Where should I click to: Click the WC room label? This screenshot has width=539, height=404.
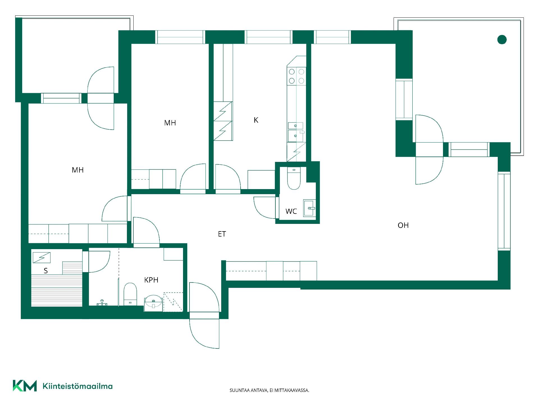(x=291, y=211)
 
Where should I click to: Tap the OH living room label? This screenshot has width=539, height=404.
(x=403, y=225)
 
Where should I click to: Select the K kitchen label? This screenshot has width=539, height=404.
(x=256, y=120)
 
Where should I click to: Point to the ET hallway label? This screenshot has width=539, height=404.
(x=222, y=234)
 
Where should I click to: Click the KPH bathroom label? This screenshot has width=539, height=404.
(x=151, y=280)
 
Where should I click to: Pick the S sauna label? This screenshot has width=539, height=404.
(x=46, y=271)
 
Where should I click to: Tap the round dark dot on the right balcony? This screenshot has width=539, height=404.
(x=502, y=40)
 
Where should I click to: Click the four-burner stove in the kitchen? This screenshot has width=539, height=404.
(x=296, y=76)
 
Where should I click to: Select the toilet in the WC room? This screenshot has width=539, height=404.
(x=294, y=178)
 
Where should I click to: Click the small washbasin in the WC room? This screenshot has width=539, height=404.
(x=309, y=208)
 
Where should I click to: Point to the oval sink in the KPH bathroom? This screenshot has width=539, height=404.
(x=153, y=302)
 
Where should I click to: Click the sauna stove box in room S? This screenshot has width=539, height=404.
(x=42, y=258)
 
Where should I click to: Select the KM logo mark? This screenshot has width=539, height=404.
(x=25, y=386)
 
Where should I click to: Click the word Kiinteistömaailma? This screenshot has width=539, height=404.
(x=77, y=386)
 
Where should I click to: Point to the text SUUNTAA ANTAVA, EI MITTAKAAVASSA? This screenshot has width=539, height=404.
(x=269, y=390)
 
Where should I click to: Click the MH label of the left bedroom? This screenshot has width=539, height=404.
(x=78, y=170)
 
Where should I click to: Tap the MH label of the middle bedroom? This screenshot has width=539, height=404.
(x=170, y=123)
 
